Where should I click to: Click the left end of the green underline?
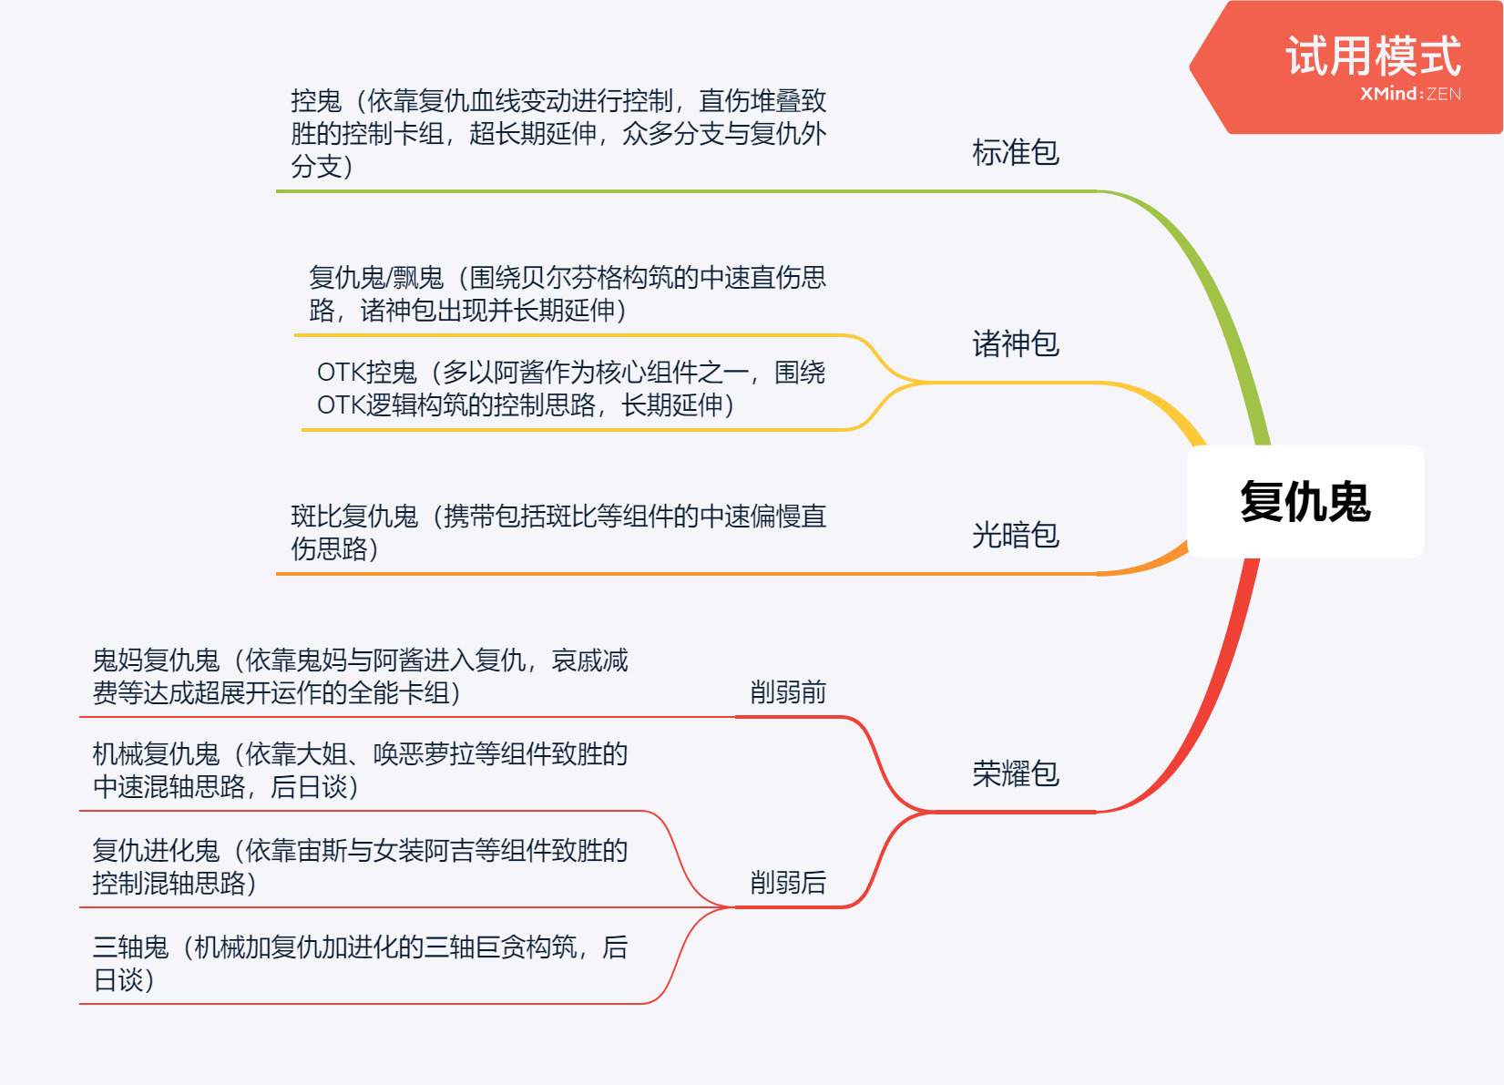[x=277, y=191]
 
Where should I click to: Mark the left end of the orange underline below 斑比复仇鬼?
[x=277, y=574]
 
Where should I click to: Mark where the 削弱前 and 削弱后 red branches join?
[x=934, y=813]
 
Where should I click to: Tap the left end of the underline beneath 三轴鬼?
[x=80, y=1005]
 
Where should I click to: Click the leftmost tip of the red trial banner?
[x=1190, y=67]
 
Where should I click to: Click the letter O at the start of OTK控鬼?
[x=325, y=372]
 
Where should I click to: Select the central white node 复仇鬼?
[x=1306, y=502]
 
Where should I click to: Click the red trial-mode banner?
[x=1346, y=67]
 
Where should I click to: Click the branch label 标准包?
[x=1016, y=152]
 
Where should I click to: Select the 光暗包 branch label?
[x=1016, y=535]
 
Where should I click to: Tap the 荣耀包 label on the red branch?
[x=1016, y=773]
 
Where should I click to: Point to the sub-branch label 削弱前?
[x=788, y=692]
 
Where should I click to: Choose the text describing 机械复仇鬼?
[x=360, y=770]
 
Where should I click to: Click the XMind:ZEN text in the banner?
[x=1411, y=93]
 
